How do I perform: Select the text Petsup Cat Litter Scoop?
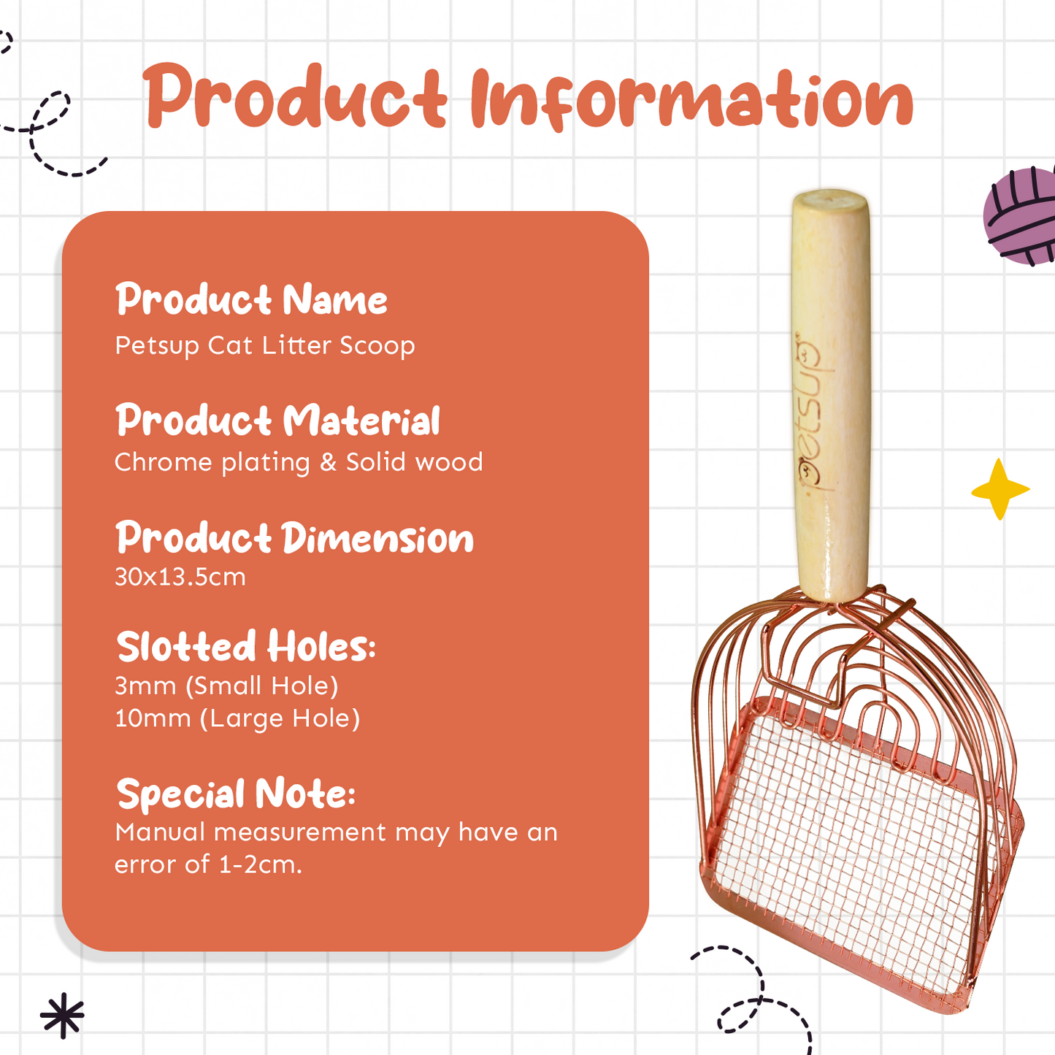coord(265,346)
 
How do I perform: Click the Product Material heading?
coord(278,420)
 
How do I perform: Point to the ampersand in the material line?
coord(328,462)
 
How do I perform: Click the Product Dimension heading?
coord(294,537)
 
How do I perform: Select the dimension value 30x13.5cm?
coord(180,577)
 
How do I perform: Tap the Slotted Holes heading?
coord(246,645)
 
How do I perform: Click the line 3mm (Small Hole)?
coord(226,686)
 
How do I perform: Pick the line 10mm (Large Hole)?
coord(237,719)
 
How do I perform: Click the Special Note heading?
coord(236,794)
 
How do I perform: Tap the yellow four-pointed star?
coord(1000,489)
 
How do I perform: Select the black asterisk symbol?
coord(63,1016)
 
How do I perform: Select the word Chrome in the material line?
coord(163,462)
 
